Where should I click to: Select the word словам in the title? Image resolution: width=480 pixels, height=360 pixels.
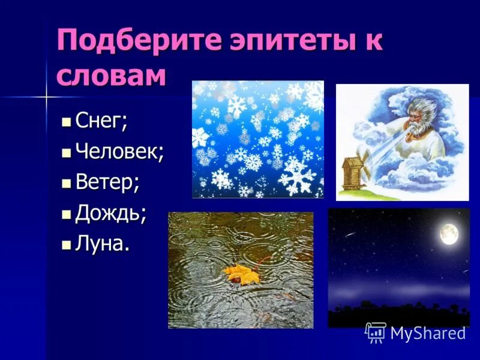click(x=111, y=76)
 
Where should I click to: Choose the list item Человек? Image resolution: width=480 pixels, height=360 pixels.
click(x=119, y=151)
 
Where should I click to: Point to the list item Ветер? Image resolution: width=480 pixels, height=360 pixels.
click(x=107, y=182)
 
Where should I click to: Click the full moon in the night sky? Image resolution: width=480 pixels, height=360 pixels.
click(x=449, y=233)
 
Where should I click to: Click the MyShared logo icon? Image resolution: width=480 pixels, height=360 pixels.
click(x=376, y=332)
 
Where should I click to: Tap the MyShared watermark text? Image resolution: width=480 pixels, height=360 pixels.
click(x=428, y=333)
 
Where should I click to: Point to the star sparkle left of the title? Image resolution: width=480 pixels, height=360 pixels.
click(x=46, y=96)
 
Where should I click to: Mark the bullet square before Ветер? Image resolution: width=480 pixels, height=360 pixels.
click(x=66, y=183)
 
